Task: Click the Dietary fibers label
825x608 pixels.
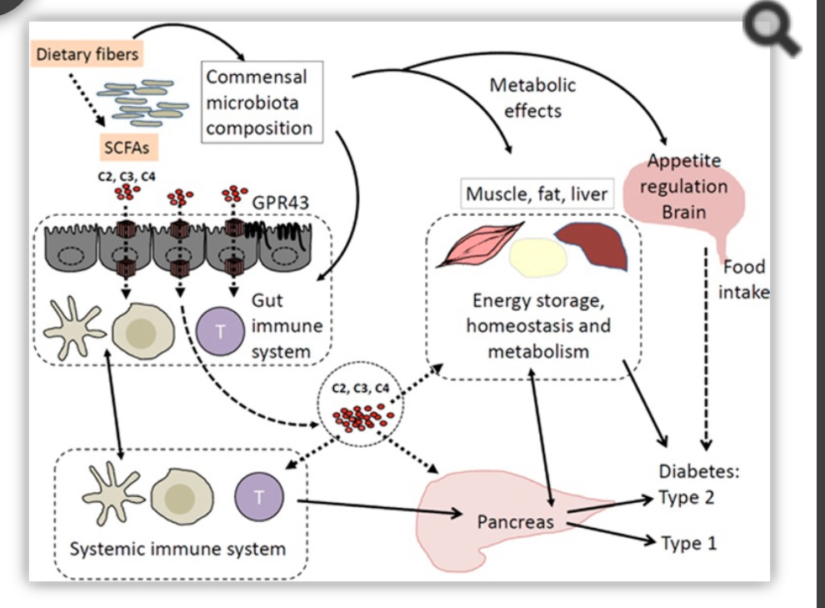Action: coord(87,54)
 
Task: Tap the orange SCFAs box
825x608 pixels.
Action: coord(127,148)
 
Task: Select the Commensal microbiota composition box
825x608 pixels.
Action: coord(262,102)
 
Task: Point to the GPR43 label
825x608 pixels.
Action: coord(281,203)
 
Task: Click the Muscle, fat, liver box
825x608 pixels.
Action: coord(537,193)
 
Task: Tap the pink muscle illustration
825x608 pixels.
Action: coord(480,244)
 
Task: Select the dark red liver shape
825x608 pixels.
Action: coord(593,244)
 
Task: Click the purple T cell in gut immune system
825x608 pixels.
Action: coord(220,332)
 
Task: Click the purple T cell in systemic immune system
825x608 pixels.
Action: coord(259,497)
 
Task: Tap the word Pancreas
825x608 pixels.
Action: coord(515,521)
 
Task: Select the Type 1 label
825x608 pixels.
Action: coord(688,543)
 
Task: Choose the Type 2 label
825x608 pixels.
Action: coord(687,497)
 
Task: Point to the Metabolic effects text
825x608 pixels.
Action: coord(532,98)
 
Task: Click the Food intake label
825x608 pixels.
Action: coord(744,279)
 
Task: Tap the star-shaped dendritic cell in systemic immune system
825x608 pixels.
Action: coord(112,493)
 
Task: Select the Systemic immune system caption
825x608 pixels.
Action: coord(177,549)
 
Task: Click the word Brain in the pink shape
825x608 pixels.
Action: coord(683,212)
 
